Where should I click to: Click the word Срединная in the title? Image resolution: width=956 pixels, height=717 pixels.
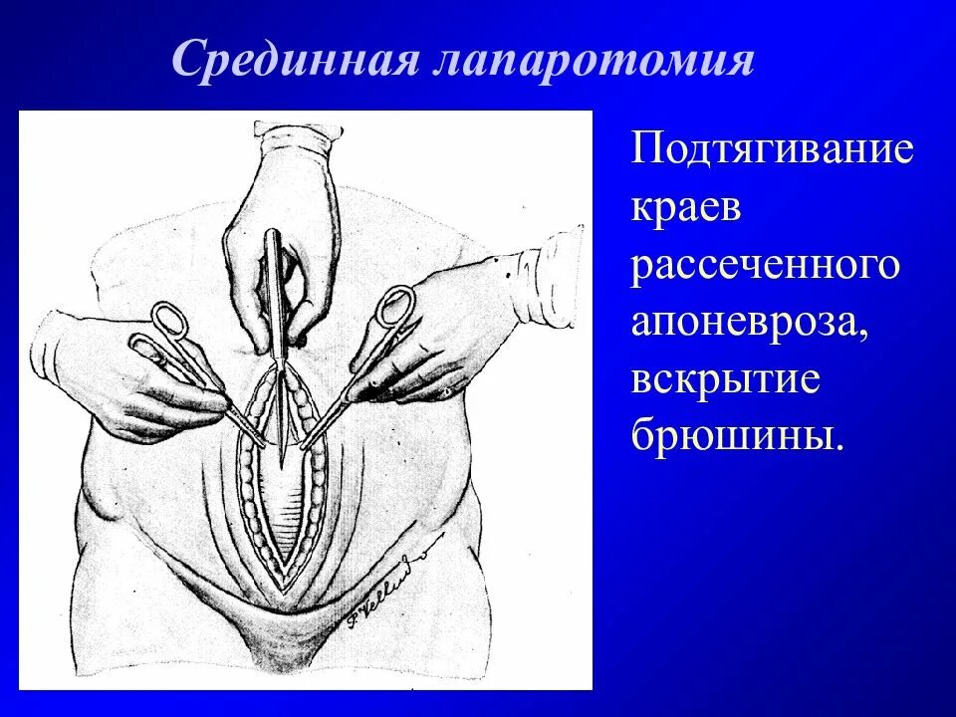point(295,61)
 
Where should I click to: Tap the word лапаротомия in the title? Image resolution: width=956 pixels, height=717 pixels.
point(594,61)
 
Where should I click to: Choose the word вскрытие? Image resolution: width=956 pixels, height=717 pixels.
point(725,382)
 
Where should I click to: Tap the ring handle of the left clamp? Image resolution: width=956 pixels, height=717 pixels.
point(167,321)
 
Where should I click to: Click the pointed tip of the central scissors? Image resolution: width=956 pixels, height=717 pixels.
point(283,460)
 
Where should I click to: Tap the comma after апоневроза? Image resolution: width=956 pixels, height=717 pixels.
point(862,339)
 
